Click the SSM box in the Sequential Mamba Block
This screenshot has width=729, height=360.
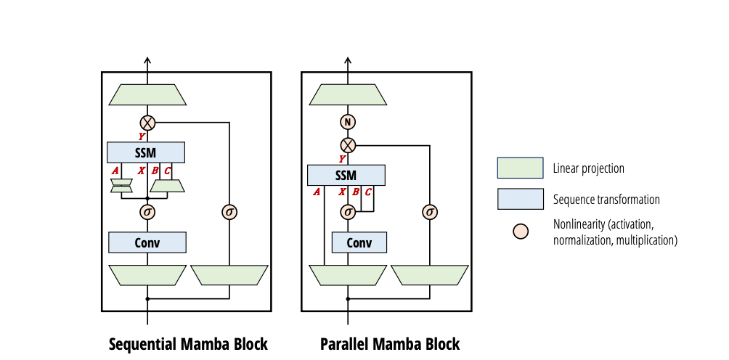point(146,152)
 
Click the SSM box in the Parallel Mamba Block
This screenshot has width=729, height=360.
point(346,175)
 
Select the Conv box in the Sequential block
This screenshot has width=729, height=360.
point(147,242)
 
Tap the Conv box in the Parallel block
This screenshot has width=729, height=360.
point(359,242)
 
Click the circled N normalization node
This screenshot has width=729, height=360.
point(349,122)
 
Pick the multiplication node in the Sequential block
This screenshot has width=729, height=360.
point(147,122)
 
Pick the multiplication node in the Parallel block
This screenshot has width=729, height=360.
point(349,144)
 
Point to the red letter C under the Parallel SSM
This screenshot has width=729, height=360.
point(368,192)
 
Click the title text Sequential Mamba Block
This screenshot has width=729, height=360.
point(188,344)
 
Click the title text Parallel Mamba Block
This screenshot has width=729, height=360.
point(390,344)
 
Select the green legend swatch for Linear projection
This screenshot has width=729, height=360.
point(520,168)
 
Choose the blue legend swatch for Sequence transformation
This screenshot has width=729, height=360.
point(520,199)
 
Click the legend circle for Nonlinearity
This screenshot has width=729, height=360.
point(521,232)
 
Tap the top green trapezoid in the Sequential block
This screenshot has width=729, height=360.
point(147,94)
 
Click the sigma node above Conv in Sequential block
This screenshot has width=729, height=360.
point(147,212)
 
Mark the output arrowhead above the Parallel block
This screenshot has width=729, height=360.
point(349,62)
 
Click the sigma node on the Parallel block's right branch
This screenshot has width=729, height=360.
point(430,212)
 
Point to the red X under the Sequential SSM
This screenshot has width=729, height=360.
point(142,170)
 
